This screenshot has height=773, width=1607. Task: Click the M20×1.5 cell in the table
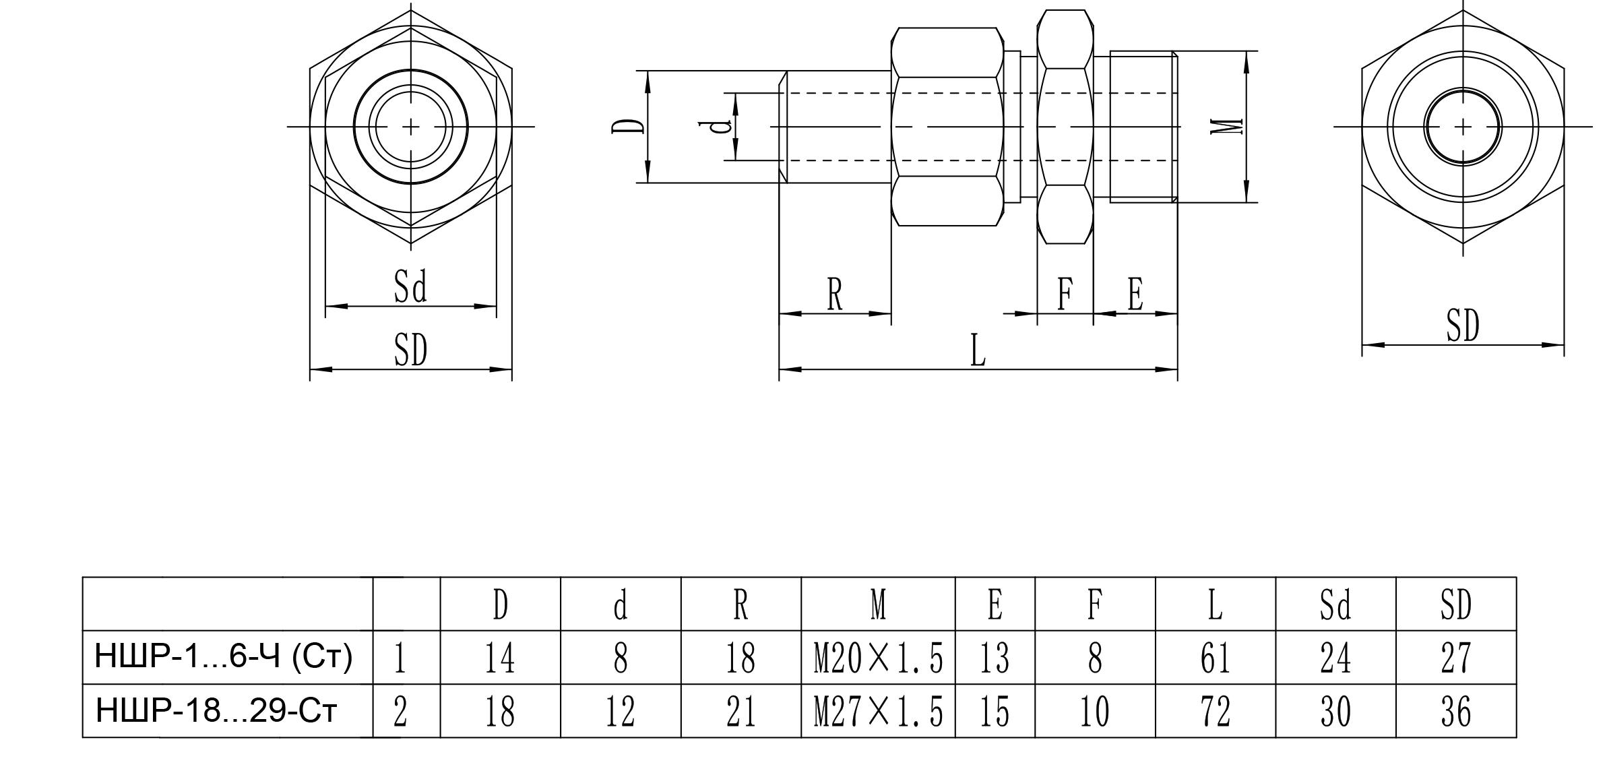(878, 658)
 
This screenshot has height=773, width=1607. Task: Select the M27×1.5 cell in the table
(878, 712)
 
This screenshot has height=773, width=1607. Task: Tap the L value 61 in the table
(1215, 658)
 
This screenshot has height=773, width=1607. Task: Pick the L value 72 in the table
(1215, 712)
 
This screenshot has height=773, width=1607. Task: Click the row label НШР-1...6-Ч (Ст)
(224, 657)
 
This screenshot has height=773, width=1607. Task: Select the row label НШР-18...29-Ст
(216, 711)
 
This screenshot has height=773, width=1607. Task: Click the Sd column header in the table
(1335, 605)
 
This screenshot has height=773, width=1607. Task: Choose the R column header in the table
(741, 605)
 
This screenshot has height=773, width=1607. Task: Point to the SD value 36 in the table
(1455, 712)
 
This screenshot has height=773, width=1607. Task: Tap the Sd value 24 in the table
(1335, 658)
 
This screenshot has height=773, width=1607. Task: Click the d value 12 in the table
(620, 712)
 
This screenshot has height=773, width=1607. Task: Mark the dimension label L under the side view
(978, 352)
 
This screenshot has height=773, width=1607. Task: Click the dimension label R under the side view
(835, 295)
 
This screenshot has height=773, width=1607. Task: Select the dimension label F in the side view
(1065, 295)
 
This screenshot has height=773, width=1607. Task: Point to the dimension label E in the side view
(1135, 295)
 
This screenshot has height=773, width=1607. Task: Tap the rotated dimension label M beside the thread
(1226, 127)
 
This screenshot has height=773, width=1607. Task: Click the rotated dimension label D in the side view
(627, 127)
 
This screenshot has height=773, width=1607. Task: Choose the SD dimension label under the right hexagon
(1463, 327)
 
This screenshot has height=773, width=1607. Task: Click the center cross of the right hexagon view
(1463, 127)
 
